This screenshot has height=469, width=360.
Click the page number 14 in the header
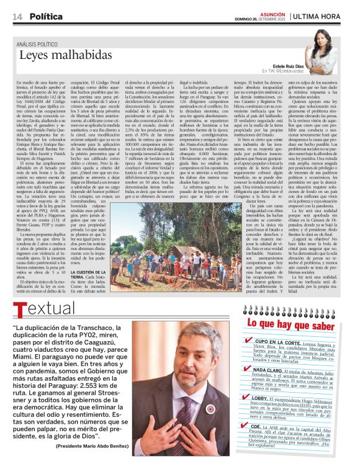tap(17, 16)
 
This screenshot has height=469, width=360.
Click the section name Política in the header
tap(46, 16)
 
